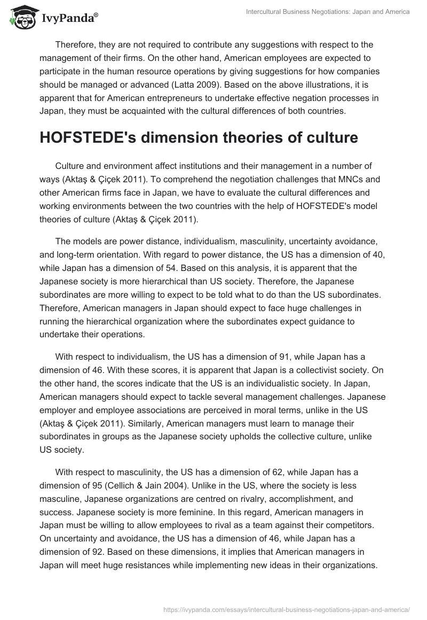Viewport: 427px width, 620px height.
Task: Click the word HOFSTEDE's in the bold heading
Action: pos(89,138)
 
